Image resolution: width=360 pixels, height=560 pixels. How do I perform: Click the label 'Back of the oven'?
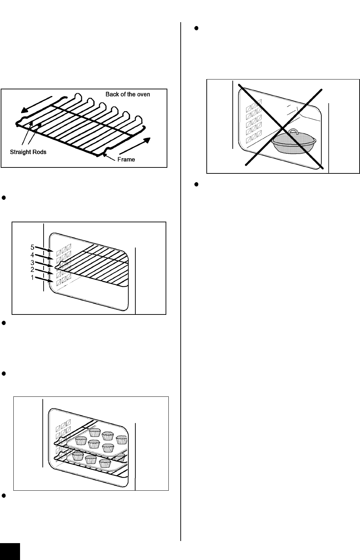[128, 94]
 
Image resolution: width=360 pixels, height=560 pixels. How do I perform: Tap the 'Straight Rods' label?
[28, 152]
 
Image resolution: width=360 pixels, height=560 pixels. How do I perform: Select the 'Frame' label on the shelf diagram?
[126, 159]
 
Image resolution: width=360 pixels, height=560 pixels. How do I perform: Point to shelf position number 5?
[32, 247]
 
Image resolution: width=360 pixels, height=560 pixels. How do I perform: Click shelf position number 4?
[32, 255]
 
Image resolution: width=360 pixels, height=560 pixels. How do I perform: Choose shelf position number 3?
[32, 262]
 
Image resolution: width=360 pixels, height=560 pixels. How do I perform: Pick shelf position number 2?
[32, 269]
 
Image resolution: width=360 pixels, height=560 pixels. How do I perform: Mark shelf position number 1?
[32, 277]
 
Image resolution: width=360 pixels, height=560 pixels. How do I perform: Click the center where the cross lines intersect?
[283, 128]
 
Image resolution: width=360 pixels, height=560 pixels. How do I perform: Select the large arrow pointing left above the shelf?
[37, 104]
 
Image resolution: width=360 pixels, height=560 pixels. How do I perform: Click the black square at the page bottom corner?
[10, 551]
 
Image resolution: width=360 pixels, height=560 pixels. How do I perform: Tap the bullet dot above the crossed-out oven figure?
[197, 28]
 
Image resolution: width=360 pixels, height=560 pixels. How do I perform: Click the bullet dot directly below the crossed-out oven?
[197, 185]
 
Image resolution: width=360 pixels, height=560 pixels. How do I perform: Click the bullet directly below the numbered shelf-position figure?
[4, 323]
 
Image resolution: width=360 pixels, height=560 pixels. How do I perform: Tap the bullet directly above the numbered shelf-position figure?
[4, 198]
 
